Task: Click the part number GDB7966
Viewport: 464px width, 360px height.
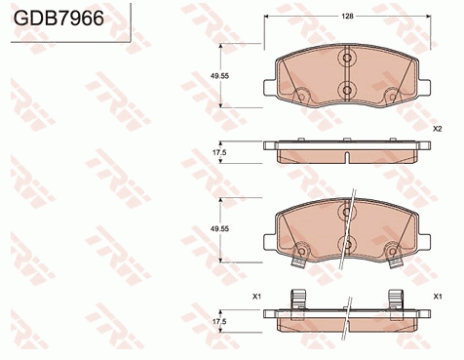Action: pyautogui.click(x=58, y=18)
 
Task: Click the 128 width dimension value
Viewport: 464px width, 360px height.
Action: pyautogui.click(x=347, y=17)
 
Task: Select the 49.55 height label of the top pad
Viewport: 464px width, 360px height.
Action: pyautogui.click(x=220, y=76)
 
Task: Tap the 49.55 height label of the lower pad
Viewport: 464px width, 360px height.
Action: pyautogui.click(x=220, y=229)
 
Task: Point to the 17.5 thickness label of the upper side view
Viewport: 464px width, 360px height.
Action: pyautogui.click(x=219, y=152)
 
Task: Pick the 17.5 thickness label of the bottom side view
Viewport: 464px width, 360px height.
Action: pyautogui.click(x=219, y=322)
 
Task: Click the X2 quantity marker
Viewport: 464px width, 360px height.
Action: pyautogui.click(x=438, y=129)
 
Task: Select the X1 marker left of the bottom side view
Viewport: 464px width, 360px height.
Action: pyautogui.click(x=257, y=297)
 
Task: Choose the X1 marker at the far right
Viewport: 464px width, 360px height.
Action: pyautogui.click(x=438, y=297)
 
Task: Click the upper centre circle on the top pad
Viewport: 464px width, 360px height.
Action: pyautogui.click(x=347, y=58)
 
